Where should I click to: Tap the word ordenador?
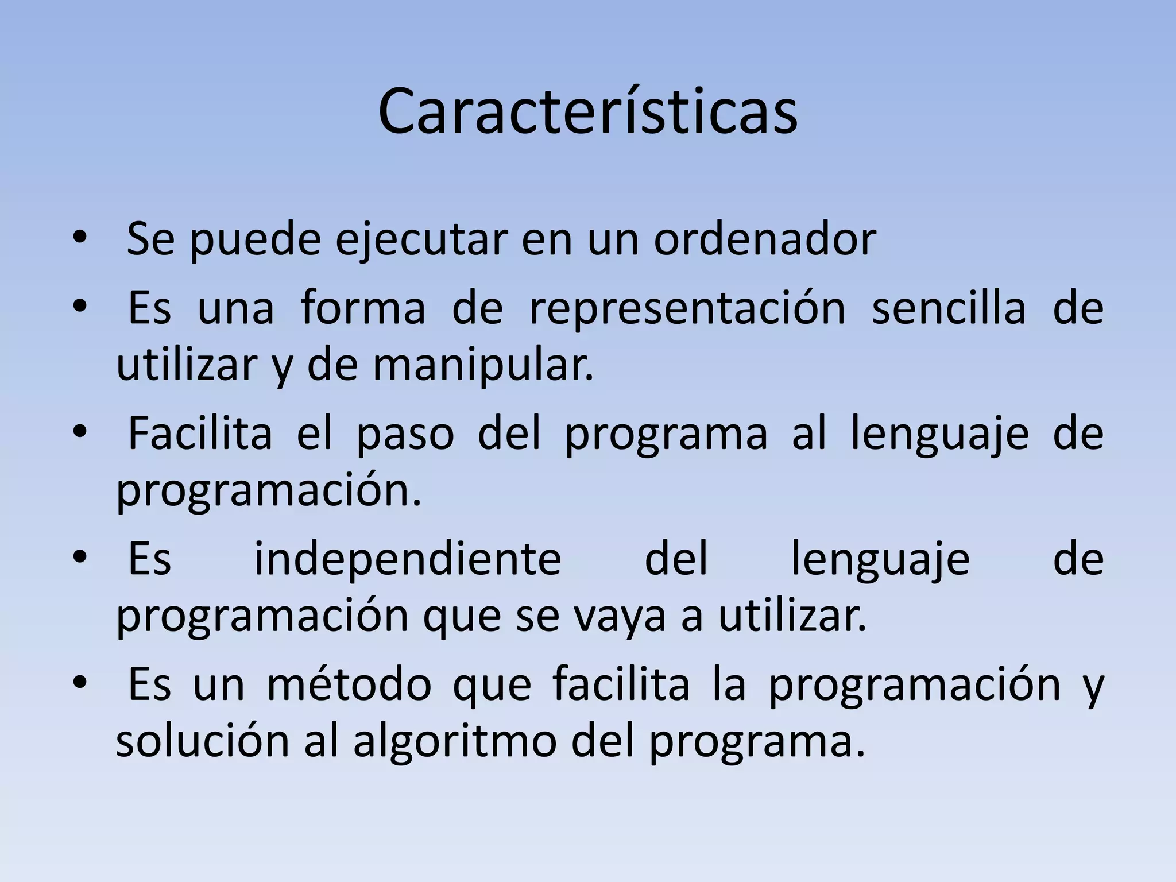pos(765,239)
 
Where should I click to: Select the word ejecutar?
pos(421,239)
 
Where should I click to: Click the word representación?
pos(687,308)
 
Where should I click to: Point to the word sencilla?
pos(949,308)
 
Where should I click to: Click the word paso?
pos(405,434)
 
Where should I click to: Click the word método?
pos(349,684)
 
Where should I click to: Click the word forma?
pos(363,308)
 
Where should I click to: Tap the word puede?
pos(255,239)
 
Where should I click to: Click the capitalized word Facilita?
pos(200,434)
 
